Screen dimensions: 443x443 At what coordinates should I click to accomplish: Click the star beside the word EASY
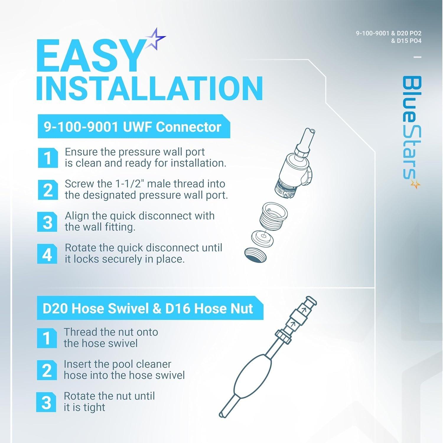155,39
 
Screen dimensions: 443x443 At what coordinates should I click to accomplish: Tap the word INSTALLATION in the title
149,88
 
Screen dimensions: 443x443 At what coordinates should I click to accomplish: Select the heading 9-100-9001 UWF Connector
133,127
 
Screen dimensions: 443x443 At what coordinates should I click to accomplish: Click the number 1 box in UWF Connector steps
48,158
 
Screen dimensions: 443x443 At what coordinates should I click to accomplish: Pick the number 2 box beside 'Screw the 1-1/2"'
48,190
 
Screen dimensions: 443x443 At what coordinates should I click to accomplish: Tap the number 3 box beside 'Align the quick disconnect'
47,222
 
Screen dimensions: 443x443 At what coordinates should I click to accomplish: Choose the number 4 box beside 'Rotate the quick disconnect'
47,254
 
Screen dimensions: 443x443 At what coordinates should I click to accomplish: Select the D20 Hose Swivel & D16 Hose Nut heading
148,309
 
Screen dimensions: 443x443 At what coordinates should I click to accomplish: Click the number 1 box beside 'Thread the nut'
47,338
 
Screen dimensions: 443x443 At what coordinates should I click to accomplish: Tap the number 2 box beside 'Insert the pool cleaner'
47,370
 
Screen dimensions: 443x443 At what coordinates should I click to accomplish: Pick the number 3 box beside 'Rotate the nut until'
46,402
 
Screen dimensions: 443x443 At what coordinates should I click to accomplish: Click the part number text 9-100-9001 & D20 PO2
389,33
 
